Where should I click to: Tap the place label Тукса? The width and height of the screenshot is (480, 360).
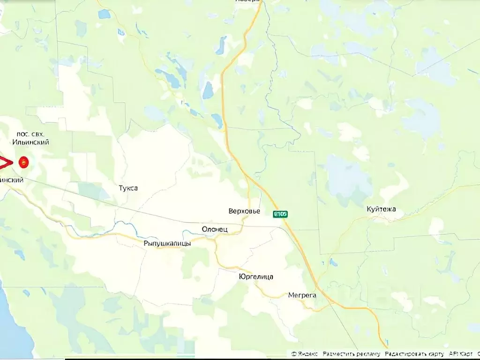(128, 188)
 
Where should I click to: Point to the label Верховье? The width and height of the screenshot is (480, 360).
(244, 211)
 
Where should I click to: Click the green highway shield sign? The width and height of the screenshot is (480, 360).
(280, 214)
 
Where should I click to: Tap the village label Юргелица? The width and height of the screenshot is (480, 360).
(255, 277)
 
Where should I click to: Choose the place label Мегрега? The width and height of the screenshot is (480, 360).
(302, 295)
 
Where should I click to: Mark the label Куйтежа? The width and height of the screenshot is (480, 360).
(381, 209)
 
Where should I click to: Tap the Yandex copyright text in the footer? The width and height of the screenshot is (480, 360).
(304, 354)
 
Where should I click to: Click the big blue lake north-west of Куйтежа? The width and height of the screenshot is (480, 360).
(347, 178)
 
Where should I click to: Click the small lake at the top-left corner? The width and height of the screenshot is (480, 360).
(104, 14)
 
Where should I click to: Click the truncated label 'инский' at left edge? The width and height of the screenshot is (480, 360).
(12, 180)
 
